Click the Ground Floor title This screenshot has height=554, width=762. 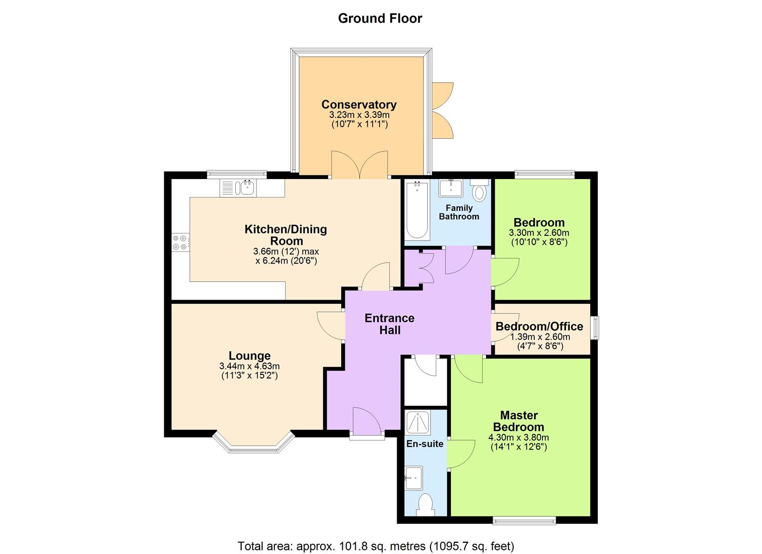380,18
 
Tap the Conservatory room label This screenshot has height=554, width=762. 359,105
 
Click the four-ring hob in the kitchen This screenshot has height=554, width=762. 180,242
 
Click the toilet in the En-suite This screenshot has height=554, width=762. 425,504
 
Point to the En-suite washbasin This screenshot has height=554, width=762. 414,478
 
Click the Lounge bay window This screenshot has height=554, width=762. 253,445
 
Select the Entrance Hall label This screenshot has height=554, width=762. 389,324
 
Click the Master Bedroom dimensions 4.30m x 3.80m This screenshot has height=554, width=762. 518,438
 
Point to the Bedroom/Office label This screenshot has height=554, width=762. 539,327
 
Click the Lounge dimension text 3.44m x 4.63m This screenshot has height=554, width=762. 249,366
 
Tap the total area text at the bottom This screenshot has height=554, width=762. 376,545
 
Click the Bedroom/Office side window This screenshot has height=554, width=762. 595,328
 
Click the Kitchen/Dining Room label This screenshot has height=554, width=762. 285,235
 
